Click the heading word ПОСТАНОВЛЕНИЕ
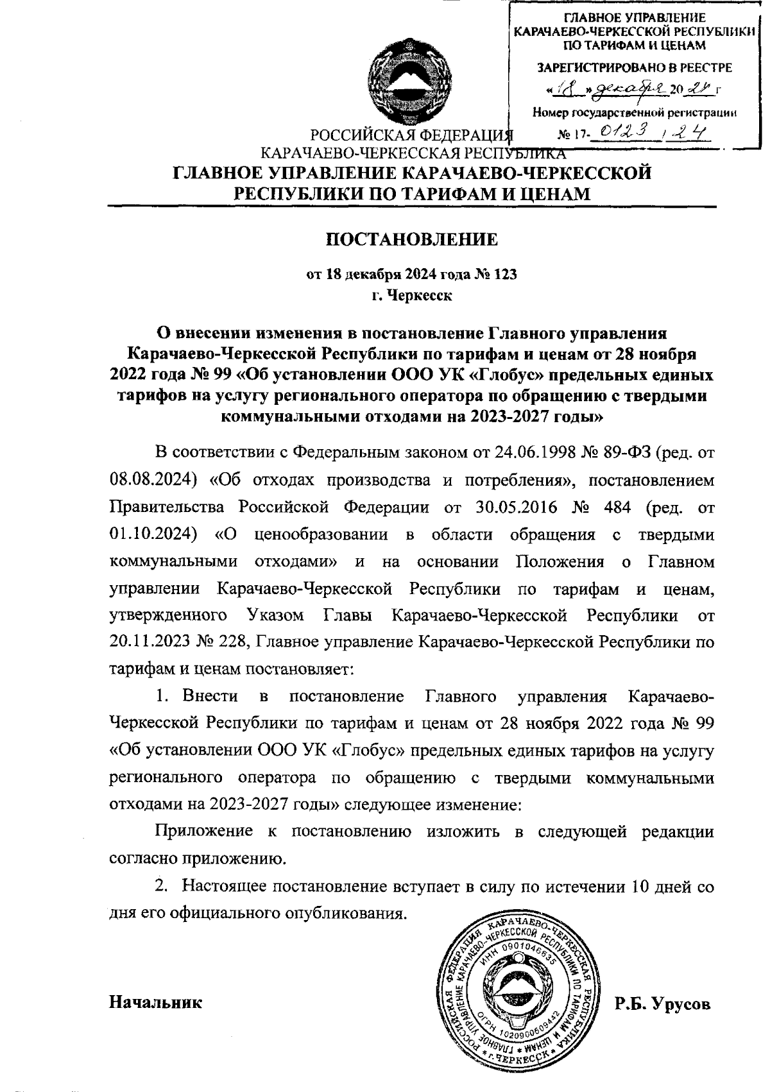point(411,239)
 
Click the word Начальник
point(156,1002)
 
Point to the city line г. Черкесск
point(411,296)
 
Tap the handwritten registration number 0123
point(617,133)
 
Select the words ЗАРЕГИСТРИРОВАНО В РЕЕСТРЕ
point(634,67)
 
